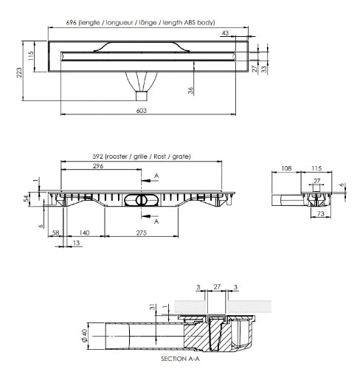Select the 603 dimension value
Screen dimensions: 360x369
142,111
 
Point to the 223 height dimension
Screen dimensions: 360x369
19,72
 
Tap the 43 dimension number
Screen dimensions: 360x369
225,33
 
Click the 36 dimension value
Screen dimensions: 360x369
191,90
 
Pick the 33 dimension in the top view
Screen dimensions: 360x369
264,69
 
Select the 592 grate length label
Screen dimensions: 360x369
142,156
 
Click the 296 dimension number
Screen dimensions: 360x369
98,166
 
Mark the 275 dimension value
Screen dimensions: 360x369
142,232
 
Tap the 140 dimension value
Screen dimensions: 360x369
84,232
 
